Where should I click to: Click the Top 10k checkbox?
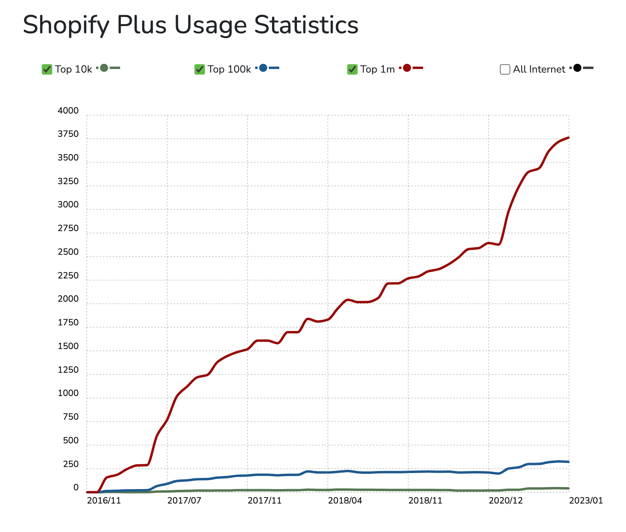[x=47, y=69]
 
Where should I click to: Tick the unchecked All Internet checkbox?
[x=505, y=69]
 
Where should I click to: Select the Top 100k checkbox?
[x=200, y=69]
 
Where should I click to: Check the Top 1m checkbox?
[x=352, y=69]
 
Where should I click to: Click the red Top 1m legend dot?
[x=407, y=68]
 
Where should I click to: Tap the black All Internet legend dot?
[x=577, y=68]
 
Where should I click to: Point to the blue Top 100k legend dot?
[x=263, y=68]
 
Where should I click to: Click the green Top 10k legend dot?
[x=104, y=68]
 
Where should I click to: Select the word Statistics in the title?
[x=306, y=25]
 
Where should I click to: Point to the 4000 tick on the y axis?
[x=68, y=111]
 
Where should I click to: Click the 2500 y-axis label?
[x=68, y=252]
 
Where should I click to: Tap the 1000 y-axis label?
[x=68, y=393]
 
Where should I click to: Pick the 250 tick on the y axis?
[x=71, y=464]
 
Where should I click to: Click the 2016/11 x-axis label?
[x=104, y=500]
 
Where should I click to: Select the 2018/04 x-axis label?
[x=345, y=500]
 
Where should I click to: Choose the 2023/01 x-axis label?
[x=586, y=500]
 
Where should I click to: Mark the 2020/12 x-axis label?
[x=506, y=500]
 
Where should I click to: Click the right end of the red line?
[x=569, y=138]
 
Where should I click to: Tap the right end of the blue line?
[x=569, y=462]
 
